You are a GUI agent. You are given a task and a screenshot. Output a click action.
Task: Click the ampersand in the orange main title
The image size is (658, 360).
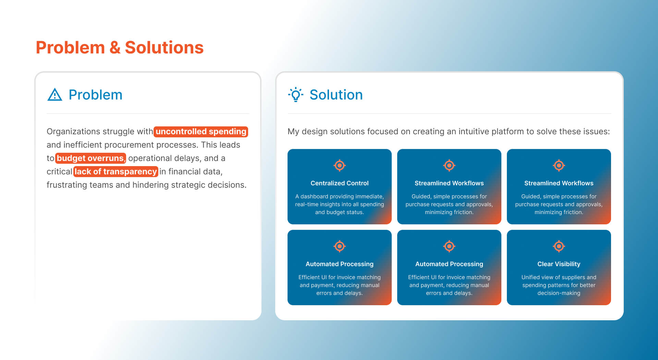(115, 48)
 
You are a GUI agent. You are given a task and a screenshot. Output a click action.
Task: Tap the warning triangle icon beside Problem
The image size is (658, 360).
(55, 95)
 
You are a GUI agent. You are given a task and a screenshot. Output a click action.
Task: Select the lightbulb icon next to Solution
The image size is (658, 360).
(296, 95)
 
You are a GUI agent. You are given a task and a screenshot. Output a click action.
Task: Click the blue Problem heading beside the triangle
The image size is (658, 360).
(95, 95)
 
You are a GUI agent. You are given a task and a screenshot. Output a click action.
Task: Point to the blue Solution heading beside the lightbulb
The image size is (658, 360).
(336, 95)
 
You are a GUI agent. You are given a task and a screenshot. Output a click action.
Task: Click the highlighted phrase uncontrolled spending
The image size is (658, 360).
(201, 132)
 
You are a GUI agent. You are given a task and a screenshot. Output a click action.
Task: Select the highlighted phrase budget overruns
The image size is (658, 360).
(90, 158)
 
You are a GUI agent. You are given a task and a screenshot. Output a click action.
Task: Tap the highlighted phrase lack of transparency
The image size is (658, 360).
(116, 172)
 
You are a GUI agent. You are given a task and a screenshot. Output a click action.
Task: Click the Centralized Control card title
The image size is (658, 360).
(340, 183)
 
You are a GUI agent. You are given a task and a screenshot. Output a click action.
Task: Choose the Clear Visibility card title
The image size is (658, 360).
(559, 264)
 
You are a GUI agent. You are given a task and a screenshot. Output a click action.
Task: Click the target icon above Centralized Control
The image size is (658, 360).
(340, 165)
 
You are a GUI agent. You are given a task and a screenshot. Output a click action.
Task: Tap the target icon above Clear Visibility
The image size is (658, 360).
(559, 246)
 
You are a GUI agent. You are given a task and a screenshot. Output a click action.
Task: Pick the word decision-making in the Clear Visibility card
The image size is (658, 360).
(559, 293)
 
